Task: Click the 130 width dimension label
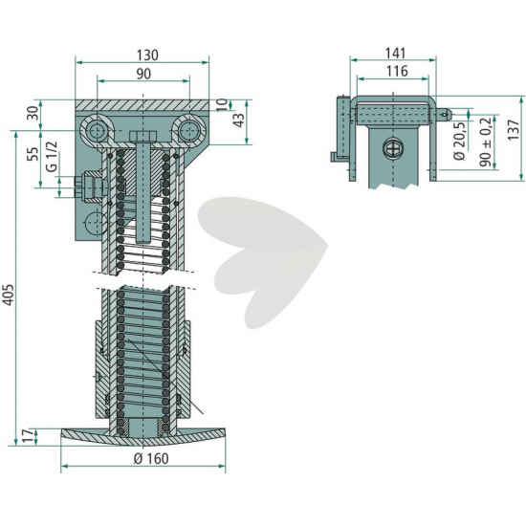tap(147, 55)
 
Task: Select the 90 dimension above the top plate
tap(143, 74)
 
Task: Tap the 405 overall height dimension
tap(8, 295)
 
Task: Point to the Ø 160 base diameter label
tap(151, 459)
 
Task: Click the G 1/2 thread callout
tap(53, 157)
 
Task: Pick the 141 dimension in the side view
tap(396, 53)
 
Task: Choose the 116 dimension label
tap(397, 71)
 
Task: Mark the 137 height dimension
tap(514, 130)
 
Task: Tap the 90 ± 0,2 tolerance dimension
tap(486, 142)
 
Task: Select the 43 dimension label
tap(239, 120)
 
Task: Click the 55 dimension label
tap(33, 154)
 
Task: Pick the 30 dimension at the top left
tap(33, 114)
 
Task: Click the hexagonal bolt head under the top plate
tap(142, 137)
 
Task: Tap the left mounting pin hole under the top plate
tap(97, 130)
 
